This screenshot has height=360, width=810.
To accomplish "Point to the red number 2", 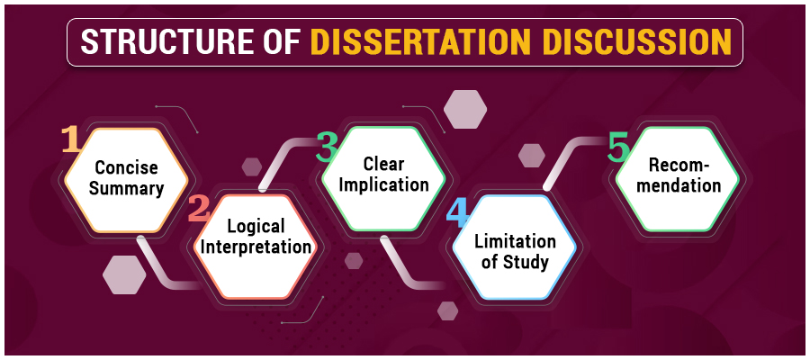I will tap(198, 211).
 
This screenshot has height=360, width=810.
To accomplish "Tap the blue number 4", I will tap(457, 214).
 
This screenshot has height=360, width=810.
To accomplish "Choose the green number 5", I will tap(617, 148).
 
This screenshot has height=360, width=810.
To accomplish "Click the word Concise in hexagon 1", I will tap(126, 168).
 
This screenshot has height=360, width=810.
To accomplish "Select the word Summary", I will tap(126, 188).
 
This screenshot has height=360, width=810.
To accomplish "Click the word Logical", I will tap(256, 226).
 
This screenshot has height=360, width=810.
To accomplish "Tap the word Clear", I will tap(383, 164).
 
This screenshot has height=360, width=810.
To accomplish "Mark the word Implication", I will tap(383, 184).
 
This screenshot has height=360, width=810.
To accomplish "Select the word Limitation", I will tap(515, 242).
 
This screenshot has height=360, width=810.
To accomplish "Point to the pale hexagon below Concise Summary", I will tap(123, 274).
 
